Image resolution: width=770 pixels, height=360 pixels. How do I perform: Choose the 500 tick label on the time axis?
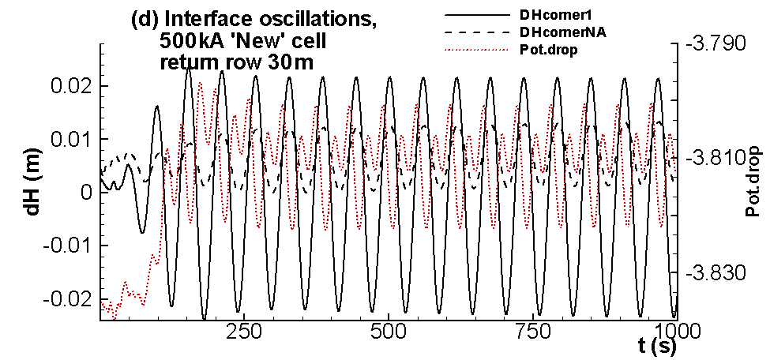coord(389,331)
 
